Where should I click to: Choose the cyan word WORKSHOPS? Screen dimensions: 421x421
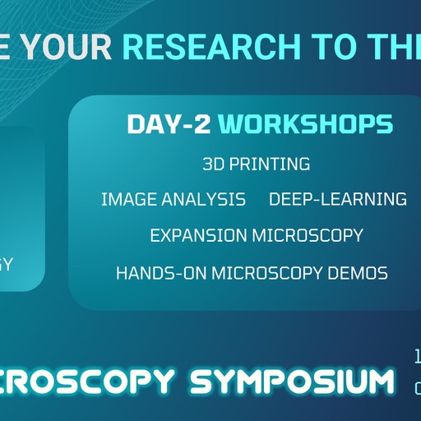tap(306, 124)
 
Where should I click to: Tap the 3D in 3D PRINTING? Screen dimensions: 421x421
tap(213, 164)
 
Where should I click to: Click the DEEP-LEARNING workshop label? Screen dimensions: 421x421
tap(337, 199)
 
